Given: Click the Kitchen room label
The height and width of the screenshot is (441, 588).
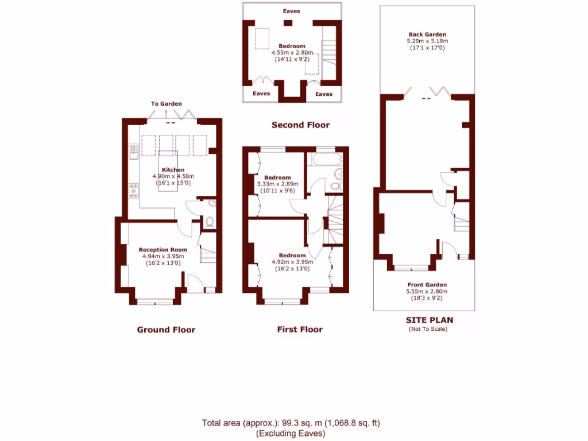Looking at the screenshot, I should (173, 169).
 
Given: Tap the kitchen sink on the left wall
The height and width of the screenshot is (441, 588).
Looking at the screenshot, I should (133, 150).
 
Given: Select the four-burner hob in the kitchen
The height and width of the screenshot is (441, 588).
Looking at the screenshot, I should (134, 190).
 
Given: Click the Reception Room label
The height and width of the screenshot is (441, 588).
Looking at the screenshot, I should (163, 250).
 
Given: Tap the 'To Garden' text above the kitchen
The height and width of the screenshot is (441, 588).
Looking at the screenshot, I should (167, 104).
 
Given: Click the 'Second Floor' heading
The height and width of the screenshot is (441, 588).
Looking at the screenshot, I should (300, 125).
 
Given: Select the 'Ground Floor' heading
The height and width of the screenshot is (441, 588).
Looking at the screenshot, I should (166, 330).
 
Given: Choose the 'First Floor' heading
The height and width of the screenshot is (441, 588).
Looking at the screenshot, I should (300, 330).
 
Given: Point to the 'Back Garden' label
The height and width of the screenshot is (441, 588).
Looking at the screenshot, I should (427, 34).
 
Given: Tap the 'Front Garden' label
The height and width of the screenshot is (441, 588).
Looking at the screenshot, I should (427, 285).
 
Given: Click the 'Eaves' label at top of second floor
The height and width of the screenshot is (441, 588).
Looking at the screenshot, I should (291, 11).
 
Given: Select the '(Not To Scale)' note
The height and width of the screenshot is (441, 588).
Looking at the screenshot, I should (427, 329).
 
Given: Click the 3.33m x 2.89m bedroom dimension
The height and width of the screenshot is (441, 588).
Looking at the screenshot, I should (277, 184).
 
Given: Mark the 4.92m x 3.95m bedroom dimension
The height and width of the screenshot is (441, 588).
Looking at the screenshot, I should (292, 262).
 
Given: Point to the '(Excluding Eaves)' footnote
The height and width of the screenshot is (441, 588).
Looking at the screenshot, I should (291, 434).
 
